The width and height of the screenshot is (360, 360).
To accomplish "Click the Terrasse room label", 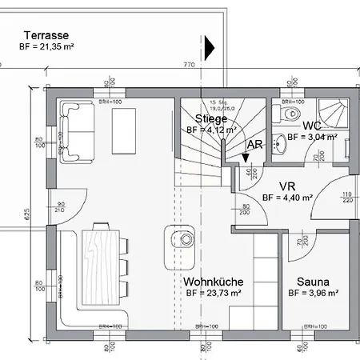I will (x=45, y=35).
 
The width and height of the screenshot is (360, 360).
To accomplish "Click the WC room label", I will (x=312, y=126).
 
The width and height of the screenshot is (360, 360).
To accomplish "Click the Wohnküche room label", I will (x=213, y=282).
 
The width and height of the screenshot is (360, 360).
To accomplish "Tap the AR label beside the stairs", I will (x=255, y=145).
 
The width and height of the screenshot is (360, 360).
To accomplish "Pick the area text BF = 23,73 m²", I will (x=213, y=294).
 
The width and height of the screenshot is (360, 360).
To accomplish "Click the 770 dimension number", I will (x=189, y=64).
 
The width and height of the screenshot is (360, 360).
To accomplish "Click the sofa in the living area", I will (x=75, y=130).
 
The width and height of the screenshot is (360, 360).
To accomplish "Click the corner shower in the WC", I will (x=330, y=113).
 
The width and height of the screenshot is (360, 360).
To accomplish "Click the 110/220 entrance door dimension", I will (x=347, y=198).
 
